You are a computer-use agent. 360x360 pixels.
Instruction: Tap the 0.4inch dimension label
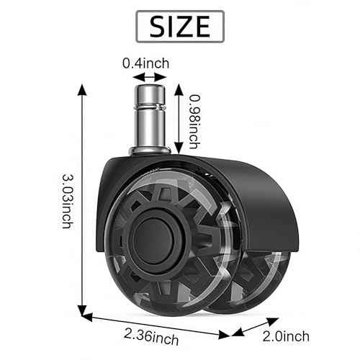145,63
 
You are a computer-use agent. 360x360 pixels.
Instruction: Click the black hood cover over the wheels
238,180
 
